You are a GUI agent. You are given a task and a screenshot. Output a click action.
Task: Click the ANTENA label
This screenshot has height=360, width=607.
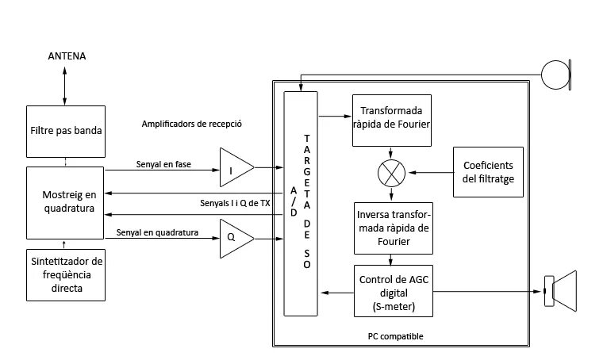point(66,56)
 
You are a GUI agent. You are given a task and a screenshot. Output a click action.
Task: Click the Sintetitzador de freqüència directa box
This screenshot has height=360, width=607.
point(65,274)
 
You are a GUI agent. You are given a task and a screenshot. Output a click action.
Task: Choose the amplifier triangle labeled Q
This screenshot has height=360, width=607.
point(236,236)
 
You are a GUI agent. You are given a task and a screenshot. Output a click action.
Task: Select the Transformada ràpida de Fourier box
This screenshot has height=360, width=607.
point(391,121)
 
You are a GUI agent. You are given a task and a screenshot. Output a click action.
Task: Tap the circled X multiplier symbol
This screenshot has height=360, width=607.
point(391,171)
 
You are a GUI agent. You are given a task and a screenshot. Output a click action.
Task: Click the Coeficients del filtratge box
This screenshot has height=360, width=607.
point(488,172)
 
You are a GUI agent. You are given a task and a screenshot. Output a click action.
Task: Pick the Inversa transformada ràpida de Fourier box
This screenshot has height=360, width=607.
point(391,228)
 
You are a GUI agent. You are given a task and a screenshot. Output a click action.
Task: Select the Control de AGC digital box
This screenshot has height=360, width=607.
point(391,291)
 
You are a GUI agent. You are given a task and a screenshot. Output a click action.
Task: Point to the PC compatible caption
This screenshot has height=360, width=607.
point(395,336)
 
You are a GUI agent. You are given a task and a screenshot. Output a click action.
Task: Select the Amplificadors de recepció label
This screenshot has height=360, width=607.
point(191,124)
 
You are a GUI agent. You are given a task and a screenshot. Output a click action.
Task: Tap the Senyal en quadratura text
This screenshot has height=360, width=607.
point(156,232)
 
